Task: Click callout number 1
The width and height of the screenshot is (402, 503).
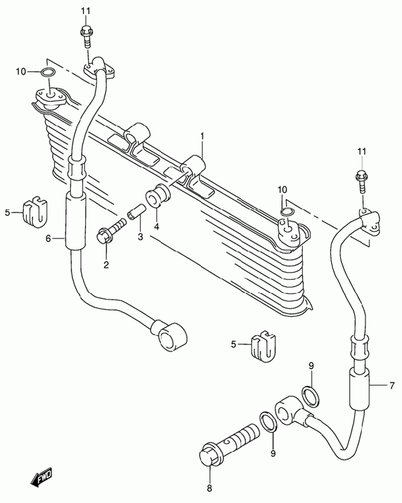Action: click(202, 136)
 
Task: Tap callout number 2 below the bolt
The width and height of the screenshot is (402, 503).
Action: click(106, 265)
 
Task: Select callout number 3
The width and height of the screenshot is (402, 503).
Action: click(140, 237)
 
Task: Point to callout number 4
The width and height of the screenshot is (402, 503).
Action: click(156, 227)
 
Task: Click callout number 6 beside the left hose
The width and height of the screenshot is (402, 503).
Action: click(48, 239)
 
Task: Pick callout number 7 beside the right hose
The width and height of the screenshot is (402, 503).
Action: click(392, 386)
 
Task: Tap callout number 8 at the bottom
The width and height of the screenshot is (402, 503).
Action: click(209, 489)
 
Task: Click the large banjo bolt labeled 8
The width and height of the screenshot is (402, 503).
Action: click(229, 445)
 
